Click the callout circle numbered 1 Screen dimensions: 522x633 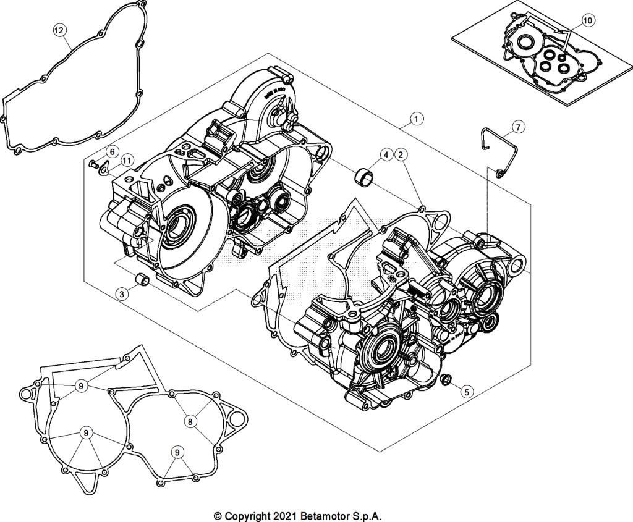(x=417, y=118)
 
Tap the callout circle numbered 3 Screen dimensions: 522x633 (x=123, y=294)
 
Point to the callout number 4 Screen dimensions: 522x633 (x=386, y=154)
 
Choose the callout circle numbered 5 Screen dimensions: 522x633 (x=467, y=390)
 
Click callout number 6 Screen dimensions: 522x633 (x=113, y=151)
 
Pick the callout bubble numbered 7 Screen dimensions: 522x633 (x=519, y=127)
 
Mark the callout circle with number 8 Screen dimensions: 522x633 (x=190, y=421)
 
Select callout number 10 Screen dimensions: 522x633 (x=587, y=20)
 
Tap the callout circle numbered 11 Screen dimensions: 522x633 (x=127, y=160)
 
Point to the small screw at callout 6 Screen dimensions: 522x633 (x=93, y=164)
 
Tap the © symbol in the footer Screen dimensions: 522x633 (x=218, y=515)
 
